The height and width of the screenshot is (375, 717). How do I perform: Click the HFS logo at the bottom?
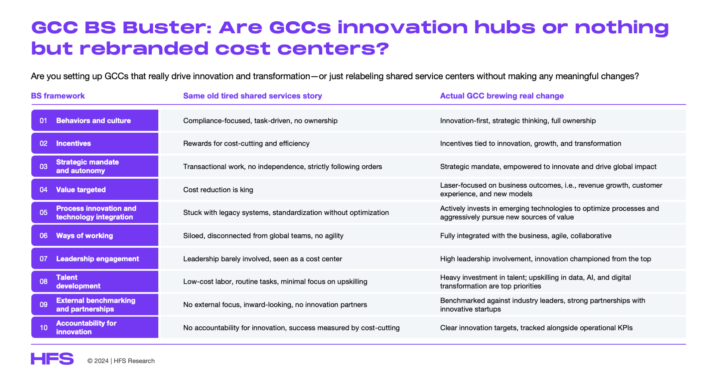[x=52, y=359]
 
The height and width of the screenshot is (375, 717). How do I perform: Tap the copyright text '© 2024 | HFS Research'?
[x=121, y=361]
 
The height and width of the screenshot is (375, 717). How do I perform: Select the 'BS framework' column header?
[x=58, y=96]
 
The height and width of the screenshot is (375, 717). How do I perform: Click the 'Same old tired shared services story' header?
[x=252, y=96]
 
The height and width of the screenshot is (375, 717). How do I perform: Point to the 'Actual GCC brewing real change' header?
[x=502, y=96]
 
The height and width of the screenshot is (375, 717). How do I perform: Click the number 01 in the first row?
[x=43, y=121]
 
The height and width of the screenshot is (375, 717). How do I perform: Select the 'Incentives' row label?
[x=74, y=144]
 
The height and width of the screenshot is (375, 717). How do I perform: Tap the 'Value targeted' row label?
[x=81, y=190]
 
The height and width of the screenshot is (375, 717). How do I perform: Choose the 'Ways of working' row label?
[x=84, y=236]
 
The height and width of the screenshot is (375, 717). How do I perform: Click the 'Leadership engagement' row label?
[x=97, y=259]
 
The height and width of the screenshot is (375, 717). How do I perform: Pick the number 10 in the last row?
[x=44, y=328]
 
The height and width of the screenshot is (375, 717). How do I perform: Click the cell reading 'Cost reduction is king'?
[x=218, y=190]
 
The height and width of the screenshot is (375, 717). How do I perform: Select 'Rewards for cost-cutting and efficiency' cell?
[x=246, y=144]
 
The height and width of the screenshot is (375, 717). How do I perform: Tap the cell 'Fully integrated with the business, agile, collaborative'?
[x=526, y=236]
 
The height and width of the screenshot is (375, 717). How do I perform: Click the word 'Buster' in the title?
[x=167, y=27]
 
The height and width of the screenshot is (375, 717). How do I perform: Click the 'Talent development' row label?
[x=78, y=282]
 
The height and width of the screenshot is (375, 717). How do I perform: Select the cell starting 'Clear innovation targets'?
[x=536, y=328]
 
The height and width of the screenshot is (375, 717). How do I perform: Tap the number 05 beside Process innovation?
[x=44, y=213]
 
